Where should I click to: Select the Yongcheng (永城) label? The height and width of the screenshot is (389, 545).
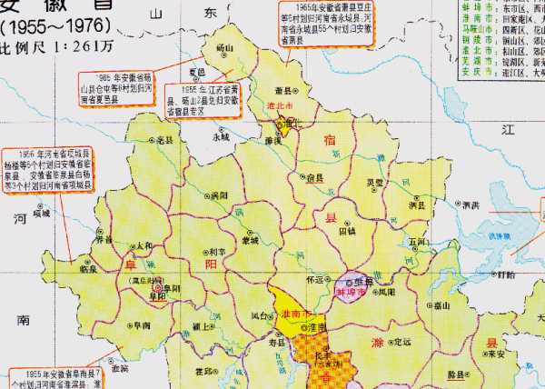(x=222, y=137)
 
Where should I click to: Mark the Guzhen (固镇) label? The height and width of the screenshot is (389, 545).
(x=347, y=231)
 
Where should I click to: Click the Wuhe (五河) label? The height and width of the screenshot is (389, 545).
(x=417, y=242)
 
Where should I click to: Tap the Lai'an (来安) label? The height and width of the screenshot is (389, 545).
(x=496, y=355)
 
